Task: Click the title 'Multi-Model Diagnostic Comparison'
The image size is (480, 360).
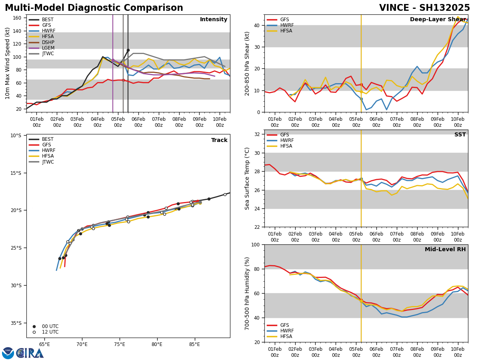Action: click(x=94, y=8)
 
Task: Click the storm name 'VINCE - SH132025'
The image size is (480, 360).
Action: click(x=424, y=8)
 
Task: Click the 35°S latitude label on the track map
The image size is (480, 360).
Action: click(x=16, y=323)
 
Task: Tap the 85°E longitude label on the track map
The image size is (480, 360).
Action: click(x=194, y=344)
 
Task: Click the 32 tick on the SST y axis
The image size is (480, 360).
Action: click(x=258, y=134)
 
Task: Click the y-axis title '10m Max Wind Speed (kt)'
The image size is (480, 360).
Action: click(x=8, y=63)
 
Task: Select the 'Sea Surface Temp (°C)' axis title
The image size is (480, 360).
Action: click(x=247, y=178)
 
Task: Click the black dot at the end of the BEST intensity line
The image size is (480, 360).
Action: click(x=128, y=50)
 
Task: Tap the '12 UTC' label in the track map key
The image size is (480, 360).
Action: click(x=50, y=332)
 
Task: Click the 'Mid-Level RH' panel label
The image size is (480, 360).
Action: click(x=445, y=250)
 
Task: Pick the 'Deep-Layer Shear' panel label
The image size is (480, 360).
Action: click(x=438, y=20)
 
